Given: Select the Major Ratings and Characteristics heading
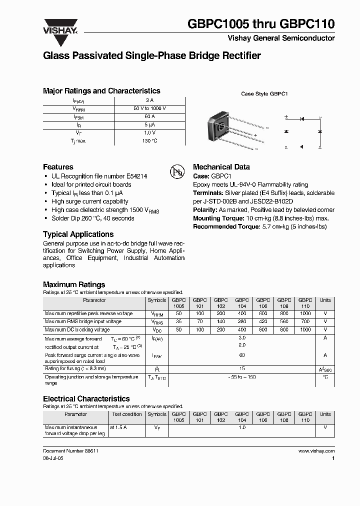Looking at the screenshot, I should pyautogui.click(x=101, y=91).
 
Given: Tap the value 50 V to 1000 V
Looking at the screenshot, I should pyautogui.click(x=150, y=108).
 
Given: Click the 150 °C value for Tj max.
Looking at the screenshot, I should pyautogui.click(x=150, y=141).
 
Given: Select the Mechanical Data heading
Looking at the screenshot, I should pyautogui.click(x=221, y=167).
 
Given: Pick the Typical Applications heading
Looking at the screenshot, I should pyautogui.click(x=78, y=234).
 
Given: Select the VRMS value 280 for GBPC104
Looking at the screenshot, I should pyautogui.click(x=242, y=322).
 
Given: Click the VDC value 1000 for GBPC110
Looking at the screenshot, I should pyautogui.click(x=305, y=330).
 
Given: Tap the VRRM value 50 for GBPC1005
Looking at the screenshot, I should pyautogui.click(x=178, y=313).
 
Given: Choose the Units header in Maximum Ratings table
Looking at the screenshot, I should pyautogui.click(x=325, y=300).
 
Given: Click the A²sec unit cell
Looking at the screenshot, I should pyautogui.click(x=325, y=369).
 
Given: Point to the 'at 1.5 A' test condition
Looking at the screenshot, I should pyautogui.click(x=118, y=428).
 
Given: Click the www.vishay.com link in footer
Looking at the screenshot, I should pyautogui.click(x=316, y=451).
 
